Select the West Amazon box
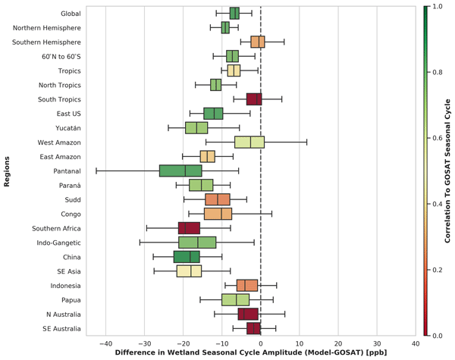[x=249, y=142]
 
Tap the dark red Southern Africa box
[x=189, y=228]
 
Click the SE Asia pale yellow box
[x=189, y=271]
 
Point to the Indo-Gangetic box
[x=197, y=243]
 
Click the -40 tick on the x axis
[x=105, y=343]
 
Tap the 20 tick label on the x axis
[x=338, y=343]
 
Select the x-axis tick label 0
[x=261, y=343]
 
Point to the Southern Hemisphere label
[x=47, y=42]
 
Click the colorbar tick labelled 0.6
[x=436, y=139]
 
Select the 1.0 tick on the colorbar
[x=436, y=7]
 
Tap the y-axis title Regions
[x=6, y=171]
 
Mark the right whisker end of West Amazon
[x=306, y=142]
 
